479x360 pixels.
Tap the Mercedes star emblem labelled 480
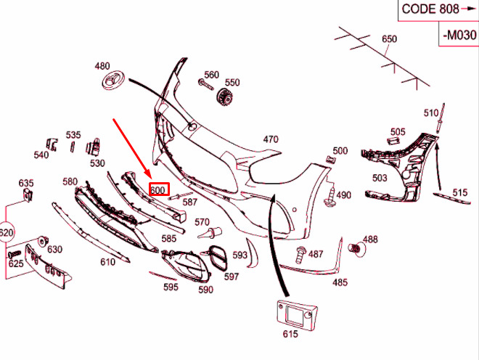[114, 82]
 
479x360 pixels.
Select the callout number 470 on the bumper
[271, 139]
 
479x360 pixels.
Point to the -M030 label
[459, 34]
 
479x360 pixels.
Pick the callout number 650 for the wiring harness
[390, 39]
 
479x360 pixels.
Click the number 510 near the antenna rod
[432, 112]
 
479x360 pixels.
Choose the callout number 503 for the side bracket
[380, 178]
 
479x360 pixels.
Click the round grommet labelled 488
[356, 250]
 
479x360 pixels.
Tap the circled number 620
[5, 233]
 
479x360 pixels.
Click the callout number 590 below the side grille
[206, 290]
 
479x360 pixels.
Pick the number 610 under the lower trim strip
[107, 261]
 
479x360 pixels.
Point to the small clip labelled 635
[28, 197]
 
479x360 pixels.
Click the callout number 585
[168, 238]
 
